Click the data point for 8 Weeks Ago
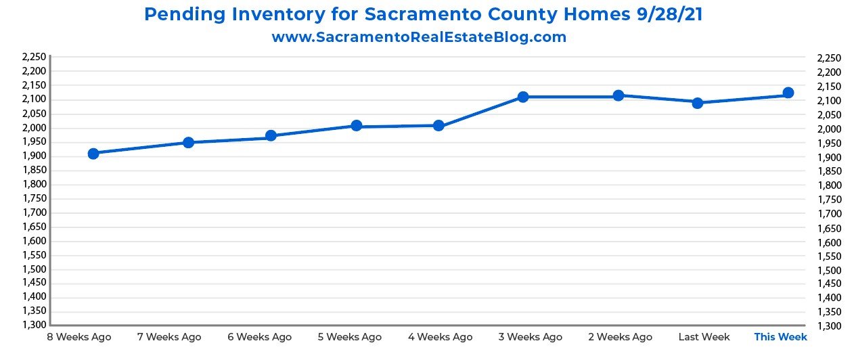click(93, 154)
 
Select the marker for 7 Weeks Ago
click(188, 142)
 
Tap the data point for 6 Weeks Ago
click(271, 135)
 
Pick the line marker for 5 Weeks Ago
click(357, 126)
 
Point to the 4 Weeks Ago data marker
click(439, 125)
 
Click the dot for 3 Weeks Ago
click(523, 97)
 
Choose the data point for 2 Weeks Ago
click(619, 95)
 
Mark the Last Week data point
click(698, 103)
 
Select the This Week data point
click(788, 93)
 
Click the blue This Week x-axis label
click(780, 336)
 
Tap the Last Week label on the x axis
click(704, 336)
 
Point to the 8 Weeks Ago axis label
click(78, 336)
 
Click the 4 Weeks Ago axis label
click(441, 336)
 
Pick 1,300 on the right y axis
click(830, 326)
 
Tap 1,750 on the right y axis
click(830, 200)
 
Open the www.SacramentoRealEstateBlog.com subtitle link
click(419, 37)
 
